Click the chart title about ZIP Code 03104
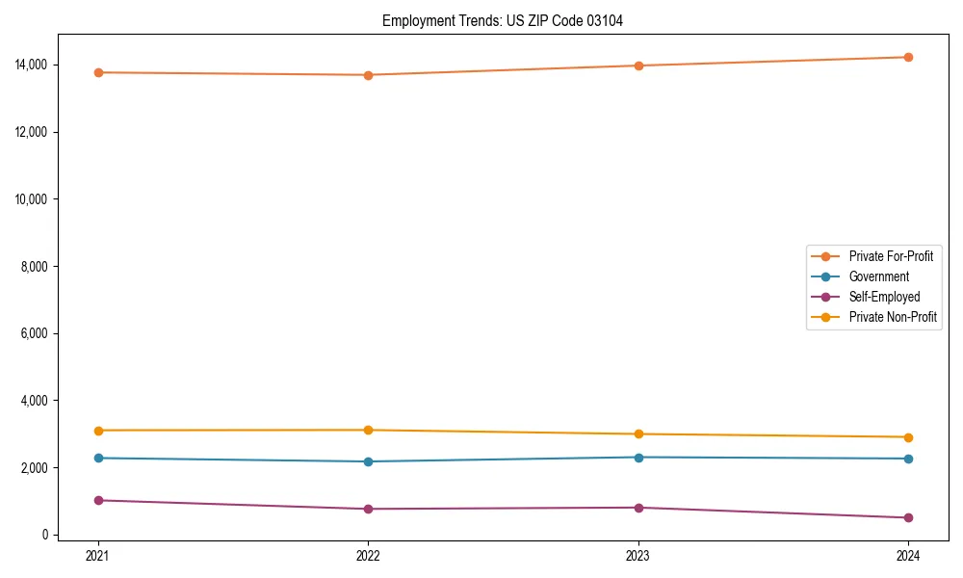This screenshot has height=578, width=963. pyautogui.click(x=502, y=20)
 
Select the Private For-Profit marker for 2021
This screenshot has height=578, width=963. pyautogui.click(x=98, y=72)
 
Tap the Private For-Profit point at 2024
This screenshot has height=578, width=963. pyautogui.click(x=908, y=57)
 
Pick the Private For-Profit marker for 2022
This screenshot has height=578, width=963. pyautogui.click(x=368, y=75)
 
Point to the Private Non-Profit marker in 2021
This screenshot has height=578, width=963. pyautogui.click(x=98, y=431)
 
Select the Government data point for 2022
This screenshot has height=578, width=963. pyautogui.click(x=368, y=461)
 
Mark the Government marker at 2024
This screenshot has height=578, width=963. pyautogui.click(x=908, y=459)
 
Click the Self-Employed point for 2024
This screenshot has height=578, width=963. pyautogui.click(x=908, y=517)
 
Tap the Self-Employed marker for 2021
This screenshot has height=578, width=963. pyautogui.click(x=98, y=500)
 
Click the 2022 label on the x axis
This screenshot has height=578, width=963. pyautogui.click(x=368, y=555)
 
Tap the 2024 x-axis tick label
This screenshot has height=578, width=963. pyautogui.click(x=908, y=555)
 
